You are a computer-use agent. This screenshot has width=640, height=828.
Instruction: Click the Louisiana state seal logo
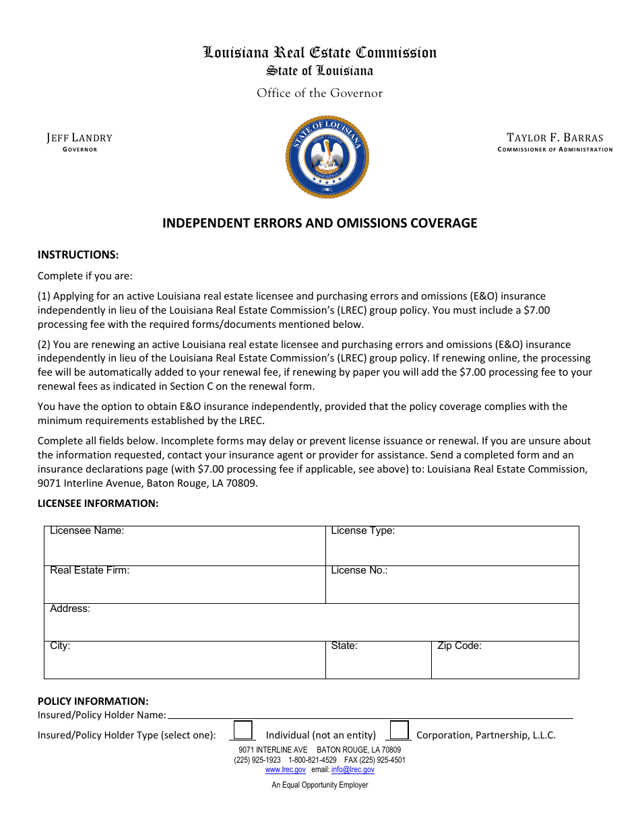tap(327, 157)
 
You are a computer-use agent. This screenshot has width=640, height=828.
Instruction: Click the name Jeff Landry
tap(79, 138)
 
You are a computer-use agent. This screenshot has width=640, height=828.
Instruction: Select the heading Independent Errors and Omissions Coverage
tap(319, 223)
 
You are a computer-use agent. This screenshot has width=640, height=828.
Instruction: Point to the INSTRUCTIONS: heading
tap(78, 254)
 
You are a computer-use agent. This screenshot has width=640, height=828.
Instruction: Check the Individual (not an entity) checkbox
tap(243, 730)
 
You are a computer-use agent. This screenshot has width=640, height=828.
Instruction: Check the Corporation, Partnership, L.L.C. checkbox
tap(399, 730)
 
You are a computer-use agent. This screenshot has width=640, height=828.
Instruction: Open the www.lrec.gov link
tap(285, 769)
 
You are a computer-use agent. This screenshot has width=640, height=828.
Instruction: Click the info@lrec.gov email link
tap(352, 769)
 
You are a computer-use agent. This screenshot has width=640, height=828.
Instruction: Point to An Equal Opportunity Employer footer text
tap(320, 785)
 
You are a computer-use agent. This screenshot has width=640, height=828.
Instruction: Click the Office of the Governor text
tap(319, 94)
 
